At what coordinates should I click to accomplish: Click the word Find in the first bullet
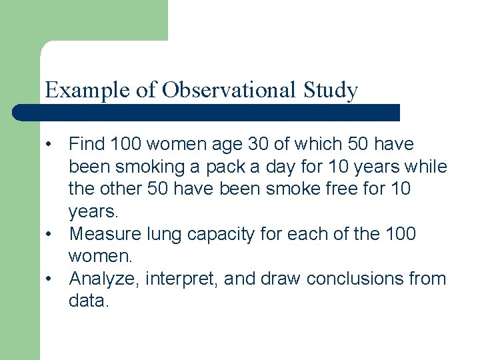86,144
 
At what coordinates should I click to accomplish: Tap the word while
428,167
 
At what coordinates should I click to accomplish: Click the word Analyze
103,279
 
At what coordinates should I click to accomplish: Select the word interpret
179,279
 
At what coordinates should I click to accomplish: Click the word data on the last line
88,301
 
